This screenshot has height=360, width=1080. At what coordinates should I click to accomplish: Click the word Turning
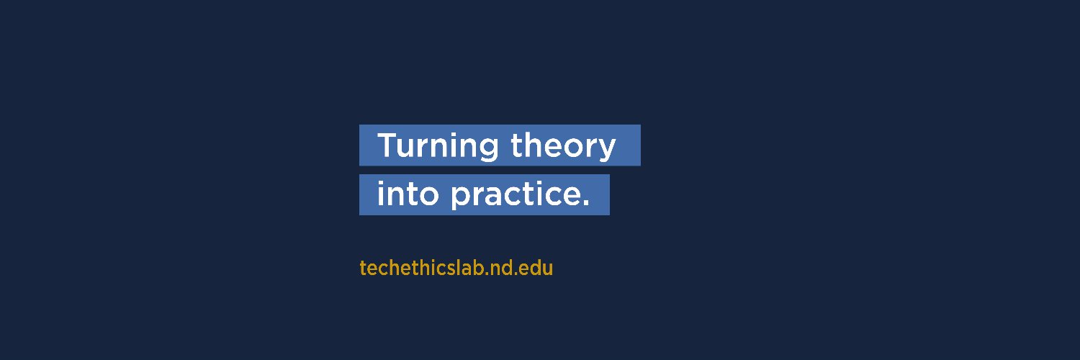click(438, 146)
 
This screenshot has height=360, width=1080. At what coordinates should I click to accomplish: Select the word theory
click(563, 146)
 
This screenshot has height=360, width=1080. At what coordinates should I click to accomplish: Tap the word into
click(408, 194)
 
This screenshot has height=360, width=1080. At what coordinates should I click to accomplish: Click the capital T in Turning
click(387, 145)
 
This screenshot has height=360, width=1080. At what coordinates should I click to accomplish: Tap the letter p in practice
click(460, 198)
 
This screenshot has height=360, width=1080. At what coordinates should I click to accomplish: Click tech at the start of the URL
click(377, 269)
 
